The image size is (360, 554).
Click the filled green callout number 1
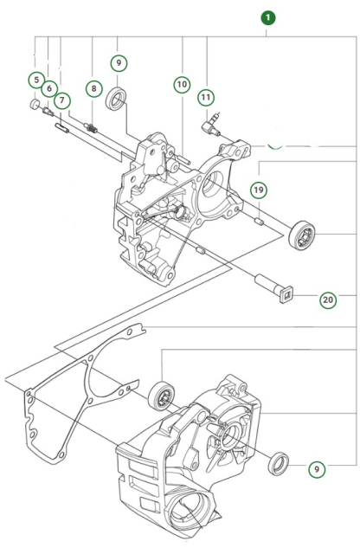point(268,16)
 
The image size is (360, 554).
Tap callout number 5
point(35,81)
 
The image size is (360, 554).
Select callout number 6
point(48,89)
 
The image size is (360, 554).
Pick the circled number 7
point(62,100)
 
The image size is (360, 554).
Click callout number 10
point(182,85)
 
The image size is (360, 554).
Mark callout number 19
point(259,190)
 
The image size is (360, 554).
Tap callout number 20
point(328,300)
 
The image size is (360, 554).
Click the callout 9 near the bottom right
point(318,468)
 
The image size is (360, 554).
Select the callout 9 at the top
point(119,63)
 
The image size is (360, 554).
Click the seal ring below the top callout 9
point(117,99)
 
